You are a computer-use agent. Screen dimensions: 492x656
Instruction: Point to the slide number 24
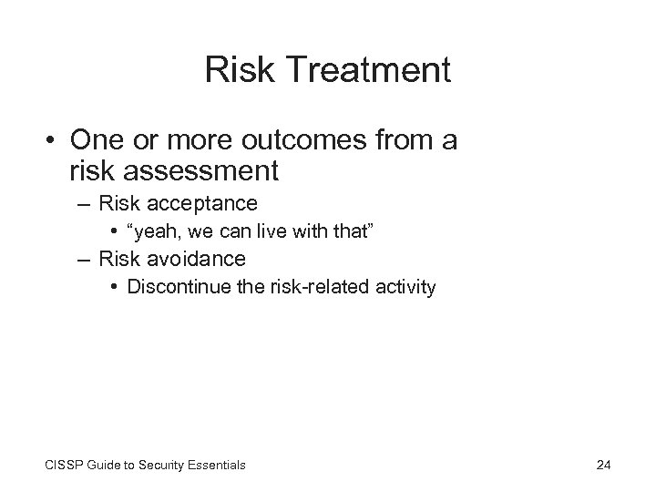click(x=602, y=466)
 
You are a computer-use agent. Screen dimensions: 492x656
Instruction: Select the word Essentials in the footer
click(x=214, y=466)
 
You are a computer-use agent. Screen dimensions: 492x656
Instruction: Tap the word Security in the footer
click(x=158, y=466)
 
